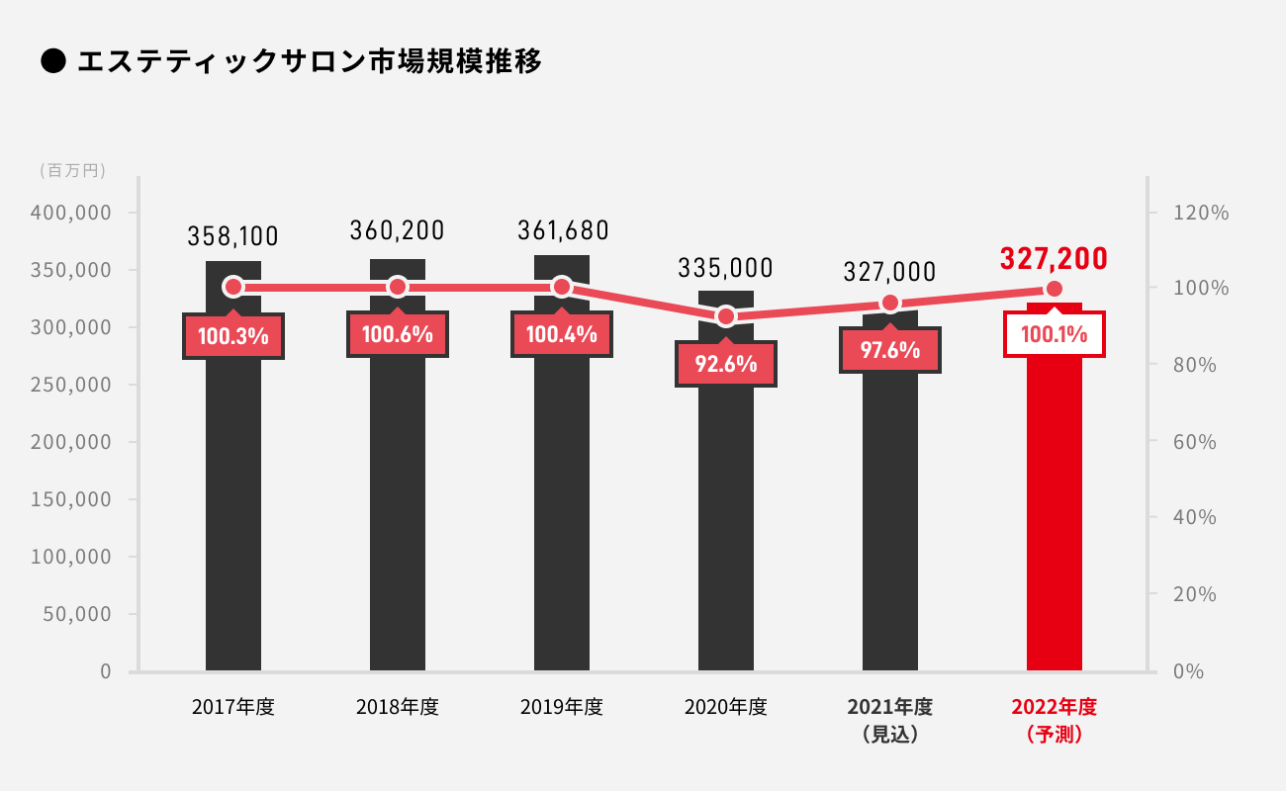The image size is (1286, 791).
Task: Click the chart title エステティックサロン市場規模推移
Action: pyautogui.click(x=309, y=61)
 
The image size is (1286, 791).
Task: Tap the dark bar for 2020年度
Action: pyautogui.click(x=726, y=514)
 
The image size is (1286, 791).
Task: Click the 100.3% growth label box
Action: pyautogui.click(x=233, y=336)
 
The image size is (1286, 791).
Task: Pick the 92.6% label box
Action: pyautogui.click(x=726, y=364)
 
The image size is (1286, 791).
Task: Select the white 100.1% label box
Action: pyautogui.click(x=1055, y=334)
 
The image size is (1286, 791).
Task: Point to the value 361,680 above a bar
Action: pyautogui.click(x=563, y=230)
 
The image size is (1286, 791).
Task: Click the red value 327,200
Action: pyautogui.click(x=1054, y=259)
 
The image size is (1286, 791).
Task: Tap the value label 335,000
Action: pyautogui.click(x=726, y=268)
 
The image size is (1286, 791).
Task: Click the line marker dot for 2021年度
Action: pyautogui.click(x=890, y=304)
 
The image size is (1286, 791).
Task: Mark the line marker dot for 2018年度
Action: pyautogui.click(x=398, y=287)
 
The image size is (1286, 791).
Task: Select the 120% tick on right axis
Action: pyautogui.click(x=1201, y=213)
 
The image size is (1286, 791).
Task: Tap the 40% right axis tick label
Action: pyautogui.click(x=1195, y=518)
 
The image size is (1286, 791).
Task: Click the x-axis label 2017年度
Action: pyautogui.click(x=233, y=707)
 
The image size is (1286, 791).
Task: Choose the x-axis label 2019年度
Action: pyautogui.click(x=562, y=707)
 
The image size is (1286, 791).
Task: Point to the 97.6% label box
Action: pyautogui.click(x=890, y=350)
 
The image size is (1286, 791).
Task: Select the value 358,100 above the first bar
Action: pyautogui.click(x=233, y=236)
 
